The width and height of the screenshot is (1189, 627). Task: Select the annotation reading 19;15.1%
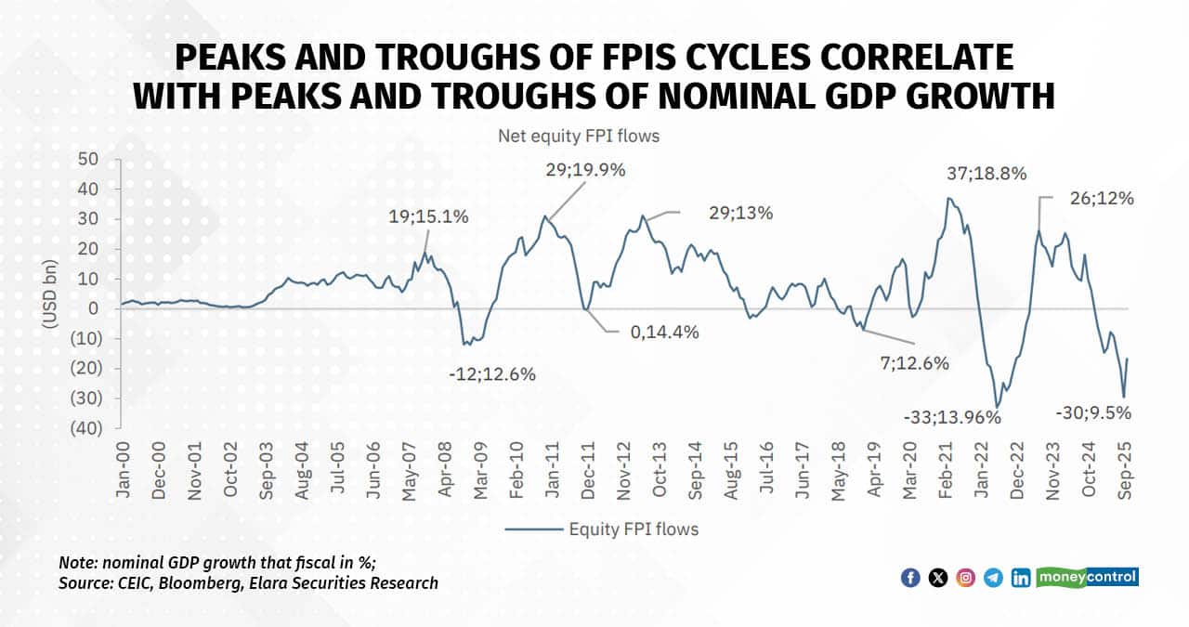coord(429,216)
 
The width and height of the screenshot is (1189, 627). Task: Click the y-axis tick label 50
coord(87,160)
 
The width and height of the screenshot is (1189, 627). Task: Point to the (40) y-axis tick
coord(85,428)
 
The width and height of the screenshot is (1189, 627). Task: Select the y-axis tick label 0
coord(93,308)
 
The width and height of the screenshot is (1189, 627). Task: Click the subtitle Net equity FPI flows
coord(579,137)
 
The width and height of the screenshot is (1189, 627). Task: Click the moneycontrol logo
coord(1087,577)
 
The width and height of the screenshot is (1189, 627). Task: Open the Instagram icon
coord(966,578)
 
